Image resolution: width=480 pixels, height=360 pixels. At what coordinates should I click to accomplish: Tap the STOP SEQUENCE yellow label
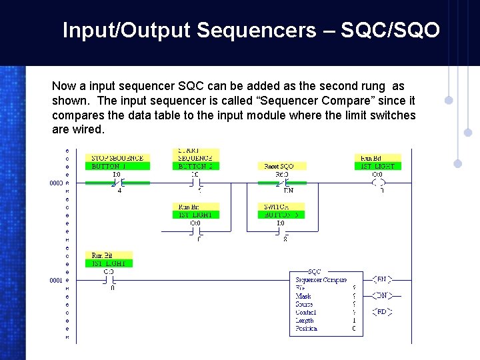[x=117, y=158]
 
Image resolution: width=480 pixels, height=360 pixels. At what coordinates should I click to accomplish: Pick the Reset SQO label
[x=279, y=166]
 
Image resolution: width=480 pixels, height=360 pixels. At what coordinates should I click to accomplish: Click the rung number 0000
[x=56, y=182]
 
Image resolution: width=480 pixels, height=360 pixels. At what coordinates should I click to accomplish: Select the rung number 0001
[x=56, y=281]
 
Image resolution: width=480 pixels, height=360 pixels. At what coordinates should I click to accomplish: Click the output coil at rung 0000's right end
[x=379, y=182]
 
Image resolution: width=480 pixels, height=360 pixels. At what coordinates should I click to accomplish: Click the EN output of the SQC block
[x=381, y=279]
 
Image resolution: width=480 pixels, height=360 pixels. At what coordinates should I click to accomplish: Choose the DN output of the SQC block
[x=381, y=295]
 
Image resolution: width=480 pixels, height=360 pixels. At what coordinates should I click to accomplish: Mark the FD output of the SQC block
[x=381, y=312]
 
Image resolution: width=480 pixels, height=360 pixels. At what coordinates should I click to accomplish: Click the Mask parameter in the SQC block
[x=303, y=296]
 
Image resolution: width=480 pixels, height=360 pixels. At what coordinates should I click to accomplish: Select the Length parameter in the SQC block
[x=305, y=321]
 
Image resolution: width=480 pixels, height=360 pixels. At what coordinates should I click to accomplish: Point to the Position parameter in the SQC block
[x=307, y=329]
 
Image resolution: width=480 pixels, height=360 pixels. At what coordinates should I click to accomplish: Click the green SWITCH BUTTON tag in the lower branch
[x=285, y=215]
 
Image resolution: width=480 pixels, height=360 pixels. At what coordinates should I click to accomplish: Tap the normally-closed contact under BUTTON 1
[x=117, y=182]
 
